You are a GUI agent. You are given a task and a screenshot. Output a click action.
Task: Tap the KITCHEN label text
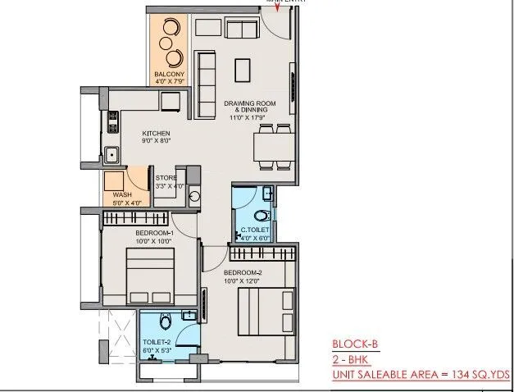point(156,133)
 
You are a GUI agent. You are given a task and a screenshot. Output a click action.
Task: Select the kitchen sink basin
point(109,153)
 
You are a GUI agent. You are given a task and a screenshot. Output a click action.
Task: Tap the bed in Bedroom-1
point(150,274)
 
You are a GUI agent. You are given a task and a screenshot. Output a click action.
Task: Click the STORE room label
point(166,178)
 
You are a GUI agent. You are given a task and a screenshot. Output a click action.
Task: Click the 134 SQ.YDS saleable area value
point(481,375)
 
